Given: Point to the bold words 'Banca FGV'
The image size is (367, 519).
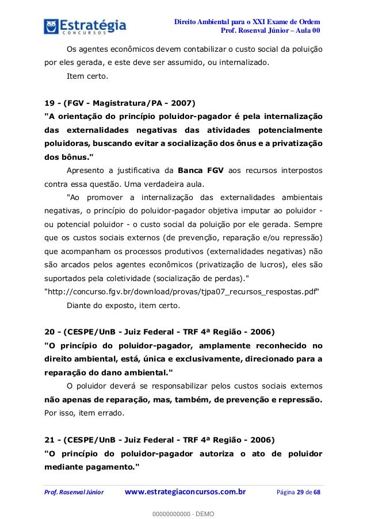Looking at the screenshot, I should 202,171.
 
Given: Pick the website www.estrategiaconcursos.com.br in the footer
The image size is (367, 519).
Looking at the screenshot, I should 186,492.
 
